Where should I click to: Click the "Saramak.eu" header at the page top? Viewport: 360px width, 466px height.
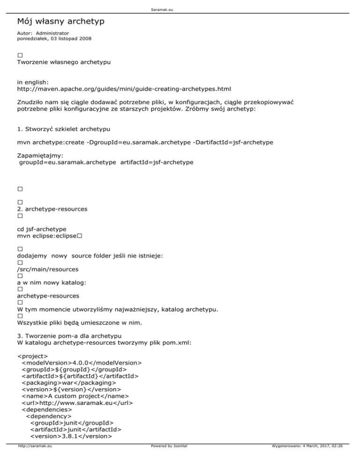(180, 5)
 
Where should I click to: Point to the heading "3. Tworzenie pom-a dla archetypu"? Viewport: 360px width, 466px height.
(69, 336)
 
